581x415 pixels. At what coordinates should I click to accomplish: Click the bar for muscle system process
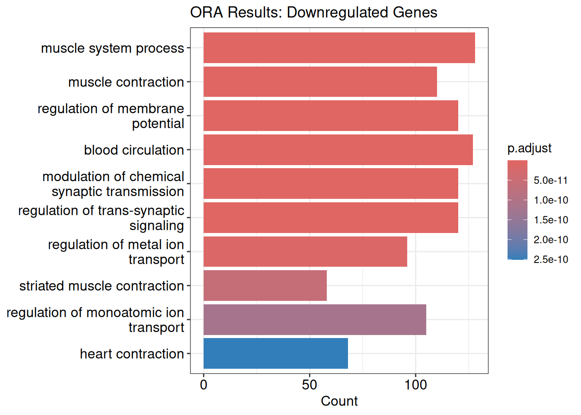(x=339, y=48)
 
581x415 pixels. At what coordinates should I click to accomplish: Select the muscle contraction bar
(x=320, y=82)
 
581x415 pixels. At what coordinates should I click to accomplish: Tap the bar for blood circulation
(x=338, y=150)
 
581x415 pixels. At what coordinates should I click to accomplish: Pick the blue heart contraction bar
(x=275, y=353)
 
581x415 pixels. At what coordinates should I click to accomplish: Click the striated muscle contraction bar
(x=265, y=285)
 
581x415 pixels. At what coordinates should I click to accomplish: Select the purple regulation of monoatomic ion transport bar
(x=315, y=319)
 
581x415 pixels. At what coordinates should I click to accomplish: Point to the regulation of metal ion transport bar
(x=305, y=252)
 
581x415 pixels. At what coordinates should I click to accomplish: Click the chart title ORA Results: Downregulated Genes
(x=313, y=12)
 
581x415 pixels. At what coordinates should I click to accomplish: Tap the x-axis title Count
(x=339, y=401)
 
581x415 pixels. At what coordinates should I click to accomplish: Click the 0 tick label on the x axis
(x=204, y=385)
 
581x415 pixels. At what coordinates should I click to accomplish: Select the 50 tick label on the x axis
(x=310, y=385)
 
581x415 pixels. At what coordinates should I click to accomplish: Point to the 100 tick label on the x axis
(x=415, y=385)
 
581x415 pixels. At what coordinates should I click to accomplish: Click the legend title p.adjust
(x=530, y=149)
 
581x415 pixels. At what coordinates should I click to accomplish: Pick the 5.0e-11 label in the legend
(x=551, y=180)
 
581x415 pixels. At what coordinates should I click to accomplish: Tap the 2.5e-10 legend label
(x=551, y=259)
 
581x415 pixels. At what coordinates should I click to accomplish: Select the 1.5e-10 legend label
(x=551, y=220)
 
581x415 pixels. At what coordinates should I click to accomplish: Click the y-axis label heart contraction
(x=132, y=354)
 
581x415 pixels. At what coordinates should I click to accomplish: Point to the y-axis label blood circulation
(x=134, y=150)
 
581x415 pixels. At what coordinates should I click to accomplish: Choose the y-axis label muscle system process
(x=112, y=48)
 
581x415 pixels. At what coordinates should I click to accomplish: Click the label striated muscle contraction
(x=102, y=286)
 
